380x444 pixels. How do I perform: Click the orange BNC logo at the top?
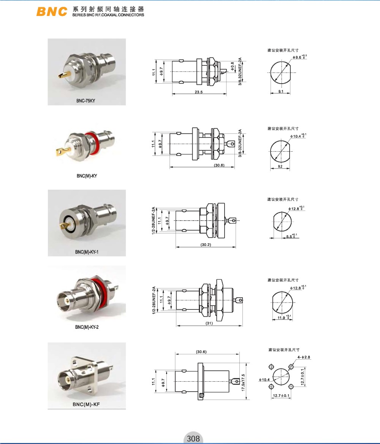tap(52, 11)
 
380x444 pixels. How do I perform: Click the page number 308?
tap(193, 439)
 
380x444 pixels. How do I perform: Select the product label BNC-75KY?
tap(85, 100)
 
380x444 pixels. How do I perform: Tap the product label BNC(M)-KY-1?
tap(87, 252)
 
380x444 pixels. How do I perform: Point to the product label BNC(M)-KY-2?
tap(87, 327)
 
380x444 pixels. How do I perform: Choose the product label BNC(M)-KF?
tap(86, 404)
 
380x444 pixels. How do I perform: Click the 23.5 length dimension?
tap(198, 92)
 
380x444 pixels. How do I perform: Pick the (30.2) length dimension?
tap(206, 245)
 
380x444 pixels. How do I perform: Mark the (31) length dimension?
tap(209, 323)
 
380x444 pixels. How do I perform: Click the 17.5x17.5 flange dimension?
tap(243, 382)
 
